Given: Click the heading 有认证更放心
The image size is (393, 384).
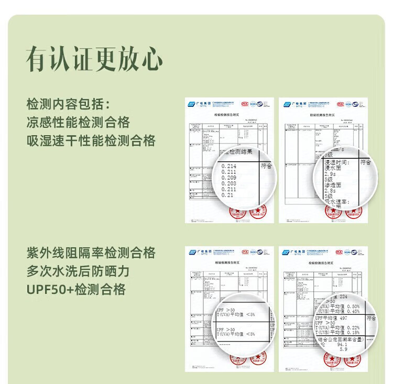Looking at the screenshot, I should (x=94, y=58).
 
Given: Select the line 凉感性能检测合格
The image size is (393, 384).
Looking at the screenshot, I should (x=78, y=123).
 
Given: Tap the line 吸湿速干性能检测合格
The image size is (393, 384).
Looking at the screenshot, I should (x=91, y=141).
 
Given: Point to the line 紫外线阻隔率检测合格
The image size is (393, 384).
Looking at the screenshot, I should (x=91, y=253).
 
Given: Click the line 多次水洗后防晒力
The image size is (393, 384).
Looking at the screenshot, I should (x=78, y=271).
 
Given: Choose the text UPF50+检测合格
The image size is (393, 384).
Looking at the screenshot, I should (x=75, y=290).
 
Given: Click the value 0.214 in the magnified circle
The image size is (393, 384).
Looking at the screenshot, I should (x=229, y=166).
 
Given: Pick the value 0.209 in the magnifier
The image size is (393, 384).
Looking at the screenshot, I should (x=229, y=178).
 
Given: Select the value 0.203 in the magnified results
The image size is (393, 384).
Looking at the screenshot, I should (x=229, y=183).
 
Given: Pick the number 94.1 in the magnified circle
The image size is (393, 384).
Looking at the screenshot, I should (x=343, y=345).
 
